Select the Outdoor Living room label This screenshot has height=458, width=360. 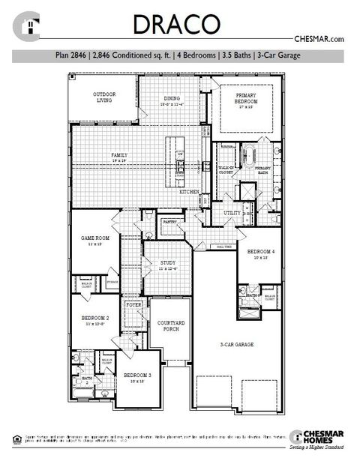(x=104, y=97)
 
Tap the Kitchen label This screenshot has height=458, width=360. (x=188, y=192)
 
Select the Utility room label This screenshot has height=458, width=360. (x=232, y=213)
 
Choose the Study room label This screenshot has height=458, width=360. (x=169, y=265)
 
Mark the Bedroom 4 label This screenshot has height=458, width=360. (x=260, y=253)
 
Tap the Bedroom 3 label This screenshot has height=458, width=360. (x=137, y=376)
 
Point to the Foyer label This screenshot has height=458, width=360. (x=134, y=306)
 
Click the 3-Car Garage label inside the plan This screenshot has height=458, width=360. (x=237, y=344)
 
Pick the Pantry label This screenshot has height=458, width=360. (x=169, y=222)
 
